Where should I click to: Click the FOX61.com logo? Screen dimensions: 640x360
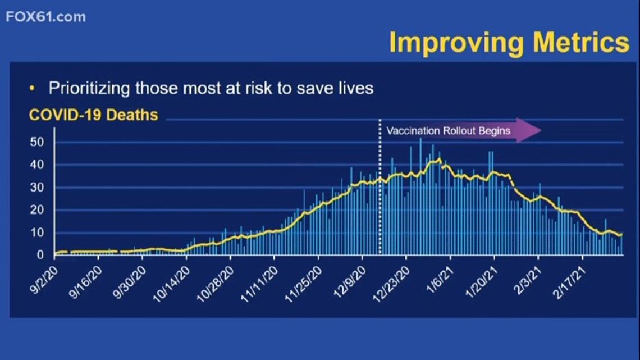click(x=45, y=17)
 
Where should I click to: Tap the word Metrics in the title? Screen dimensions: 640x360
click(x=581, y=42)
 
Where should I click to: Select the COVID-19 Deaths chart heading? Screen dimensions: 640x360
click(x=93, y=115)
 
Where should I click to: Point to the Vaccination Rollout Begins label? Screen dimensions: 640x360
click(x=448, y=131)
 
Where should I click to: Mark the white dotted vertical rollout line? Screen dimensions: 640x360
click(x=380, y=187)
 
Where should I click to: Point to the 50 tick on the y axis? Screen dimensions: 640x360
click(x=36, y=142)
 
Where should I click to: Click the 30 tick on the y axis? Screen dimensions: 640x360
click(x=36, y=188)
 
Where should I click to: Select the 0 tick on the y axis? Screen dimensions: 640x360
click(x=40, y=254)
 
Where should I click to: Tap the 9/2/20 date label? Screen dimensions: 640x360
click(x=44, y=280)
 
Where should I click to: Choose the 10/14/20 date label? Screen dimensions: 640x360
click(x=171, y=285)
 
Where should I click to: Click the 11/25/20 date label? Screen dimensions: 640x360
click(x=303, y=285)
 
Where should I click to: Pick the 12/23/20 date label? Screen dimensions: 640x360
click(x=391, y=285)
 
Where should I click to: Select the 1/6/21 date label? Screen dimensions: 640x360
click(x=440, y=280)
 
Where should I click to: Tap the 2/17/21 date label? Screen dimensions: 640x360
click(x=570, y=282)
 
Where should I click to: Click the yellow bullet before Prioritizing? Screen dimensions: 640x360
click(x=32, y=88)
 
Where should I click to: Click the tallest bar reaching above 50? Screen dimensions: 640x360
click(x=420, y=197)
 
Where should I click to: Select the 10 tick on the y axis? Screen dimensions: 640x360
click(x=36, y=233)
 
